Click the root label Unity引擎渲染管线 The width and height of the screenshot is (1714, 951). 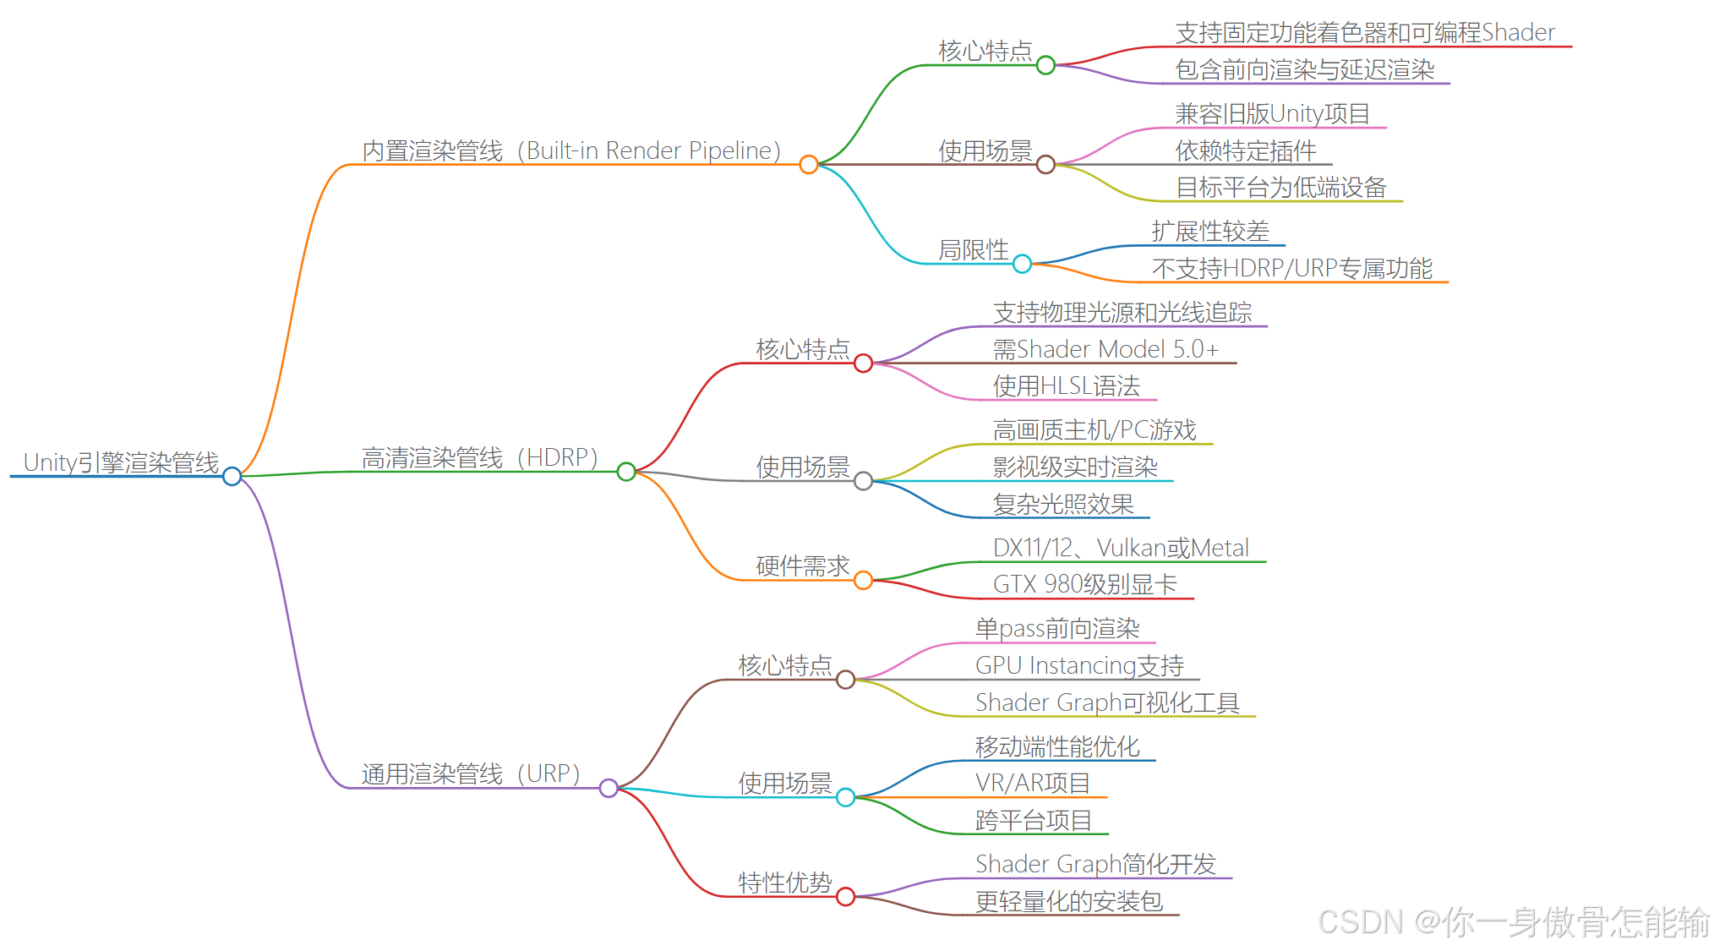pyautogui.click(x=121, y=462)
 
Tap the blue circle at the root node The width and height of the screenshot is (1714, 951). pyautogui.click(x=232, y=477)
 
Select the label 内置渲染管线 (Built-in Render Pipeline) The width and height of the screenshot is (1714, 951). pyautogui.click(x=571, y=150)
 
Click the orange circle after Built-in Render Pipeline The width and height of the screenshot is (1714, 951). pyautogui.click(x=809, y=165)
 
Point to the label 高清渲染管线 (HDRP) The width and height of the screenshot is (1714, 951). pyautogui.click(x=480, y=457)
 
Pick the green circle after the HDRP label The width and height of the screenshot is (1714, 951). pyautogui.click(x=626, y=472)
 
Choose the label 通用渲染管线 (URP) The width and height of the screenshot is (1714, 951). pyautogui.click(x=471, y=773)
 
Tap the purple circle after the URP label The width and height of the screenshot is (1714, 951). pyautogui.click(x=609, y=789)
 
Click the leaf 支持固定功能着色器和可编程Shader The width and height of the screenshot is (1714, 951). pyautogui.click(x=1365, y=33)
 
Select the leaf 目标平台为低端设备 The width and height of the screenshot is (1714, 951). pyautogui.click(x=1281, y=188)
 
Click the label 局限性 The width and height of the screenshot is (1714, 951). pyautogui.click(x=974, y=250)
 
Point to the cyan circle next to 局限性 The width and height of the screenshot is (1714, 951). pyautogui.click(x=1023, y=264)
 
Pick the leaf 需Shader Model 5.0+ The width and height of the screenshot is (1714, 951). pyautogui.click(x=1105, y=349)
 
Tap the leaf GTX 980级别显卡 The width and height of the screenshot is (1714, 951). pyautogui.click(x=1085, y=584)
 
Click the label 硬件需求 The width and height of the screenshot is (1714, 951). pyautogui.click(x=803, y=566)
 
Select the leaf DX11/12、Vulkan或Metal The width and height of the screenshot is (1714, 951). pyautogui.click(x=1121, y=548)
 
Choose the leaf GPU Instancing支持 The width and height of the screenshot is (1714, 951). pyautogui.click(x=1079, y=665)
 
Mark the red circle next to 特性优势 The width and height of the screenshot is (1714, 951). pyautogui.click(x=846, y=897)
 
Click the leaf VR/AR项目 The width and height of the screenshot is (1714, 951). pyautogui.click(x=1033, y=783)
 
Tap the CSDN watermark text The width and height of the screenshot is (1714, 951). pyautogui.click(x=1514, y=922)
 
